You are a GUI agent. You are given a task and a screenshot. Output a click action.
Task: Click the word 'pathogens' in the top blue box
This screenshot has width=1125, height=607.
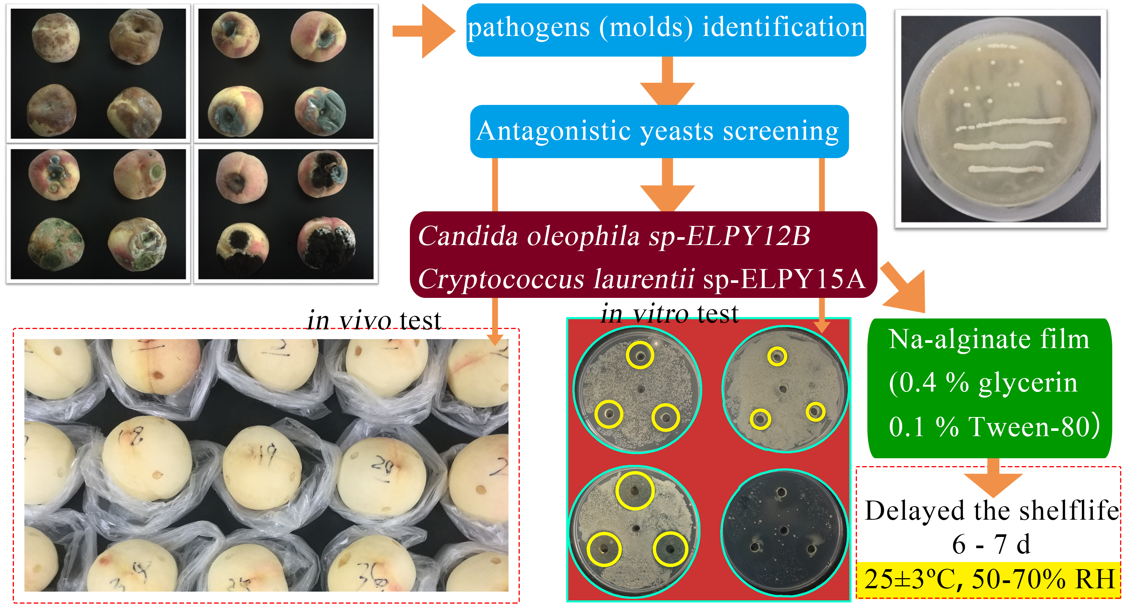528,28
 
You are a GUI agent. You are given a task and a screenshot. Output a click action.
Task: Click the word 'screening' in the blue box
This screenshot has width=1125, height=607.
780,131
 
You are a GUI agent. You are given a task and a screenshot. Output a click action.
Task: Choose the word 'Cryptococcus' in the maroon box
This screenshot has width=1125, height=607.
501,279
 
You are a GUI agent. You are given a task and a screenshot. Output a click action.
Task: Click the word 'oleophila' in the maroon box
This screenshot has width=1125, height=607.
583,236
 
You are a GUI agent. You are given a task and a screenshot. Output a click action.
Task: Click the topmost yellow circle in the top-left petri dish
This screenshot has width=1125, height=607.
640,355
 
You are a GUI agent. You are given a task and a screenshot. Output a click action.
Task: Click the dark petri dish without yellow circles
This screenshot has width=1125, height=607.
784,532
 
